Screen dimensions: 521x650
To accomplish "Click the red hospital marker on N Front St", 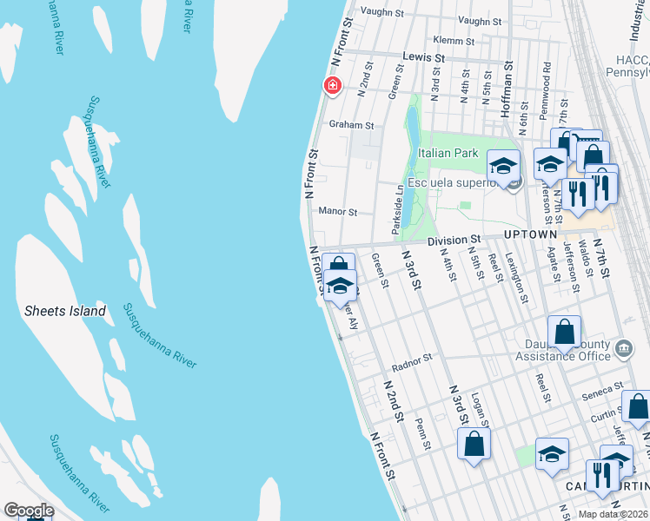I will tap(332, 85).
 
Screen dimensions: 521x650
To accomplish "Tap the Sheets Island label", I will tap(65, 311).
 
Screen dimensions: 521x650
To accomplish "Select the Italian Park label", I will tap(448, 154).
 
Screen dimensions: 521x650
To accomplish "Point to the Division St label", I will tap(454, 239).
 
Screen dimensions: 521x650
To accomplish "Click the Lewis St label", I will tap(424, 57).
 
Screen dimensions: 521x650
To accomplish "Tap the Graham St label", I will tap(350, 125).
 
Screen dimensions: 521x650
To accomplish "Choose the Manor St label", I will tap(338, 212).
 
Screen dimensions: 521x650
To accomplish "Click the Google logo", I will tap(29, 511).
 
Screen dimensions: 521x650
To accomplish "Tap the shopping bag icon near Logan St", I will tap(475, 443).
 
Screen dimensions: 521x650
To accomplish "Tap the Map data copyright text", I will tap(614, 514).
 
